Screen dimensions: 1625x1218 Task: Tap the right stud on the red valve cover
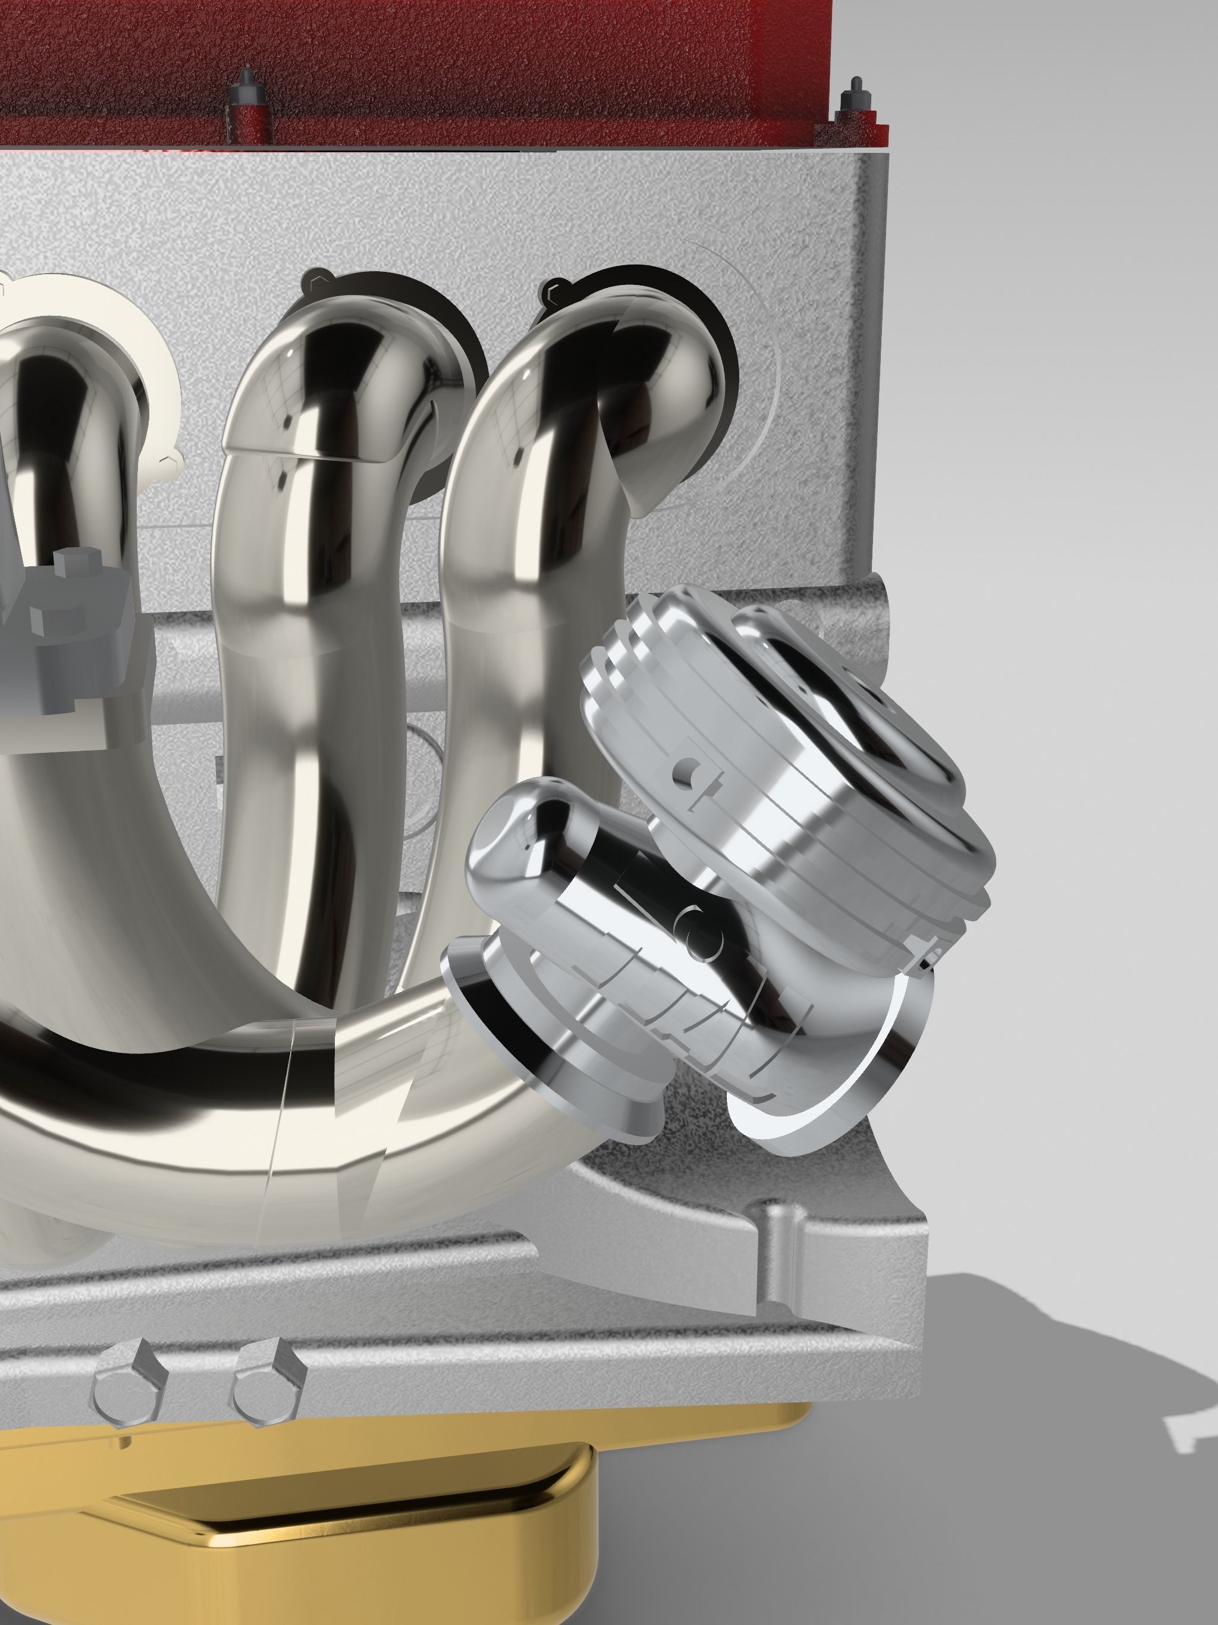coord(856,96)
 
